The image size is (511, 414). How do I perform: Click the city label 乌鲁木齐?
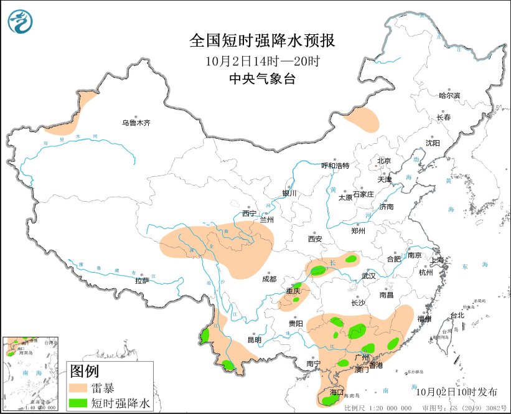pos(136,123)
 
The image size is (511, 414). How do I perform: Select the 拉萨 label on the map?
pos(142,281)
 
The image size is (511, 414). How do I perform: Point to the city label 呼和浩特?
pos(335,166)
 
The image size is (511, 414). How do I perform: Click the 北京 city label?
pos(383,161)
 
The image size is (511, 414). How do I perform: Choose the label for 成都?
pos(269,279)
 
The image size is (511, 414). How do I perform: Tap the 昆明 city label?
pos(255,340)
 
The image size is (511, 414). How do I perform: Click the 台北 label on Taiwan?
pos(457,315)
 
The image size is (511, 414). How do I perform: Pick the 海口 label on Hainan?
pos(337,393)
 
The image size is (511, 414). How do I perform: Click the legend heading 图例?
pos(85,372)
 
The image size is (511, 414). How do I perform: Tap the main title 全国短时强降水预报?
pos(262,41)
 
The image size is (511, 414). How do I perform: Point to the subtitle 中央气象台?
pos(262,79)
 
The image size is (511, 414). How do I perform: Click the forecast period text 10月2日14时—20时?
pos(262,61)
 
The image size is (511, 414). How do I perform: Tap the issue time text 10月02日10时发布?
pos(457,392)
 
